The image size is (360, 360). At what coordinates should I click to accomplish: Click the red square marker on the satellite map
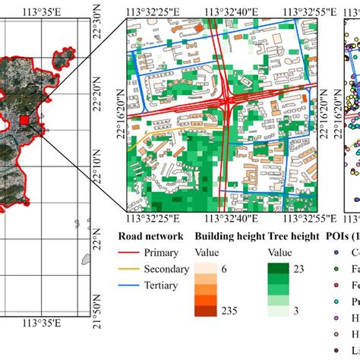(x=45, y=119)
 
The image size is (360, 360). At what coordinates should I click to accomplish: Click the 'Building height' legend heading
(x=229, y=236)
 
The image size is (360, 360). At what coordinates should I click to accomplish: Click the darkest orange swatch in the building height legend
(x=205, y=310)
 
